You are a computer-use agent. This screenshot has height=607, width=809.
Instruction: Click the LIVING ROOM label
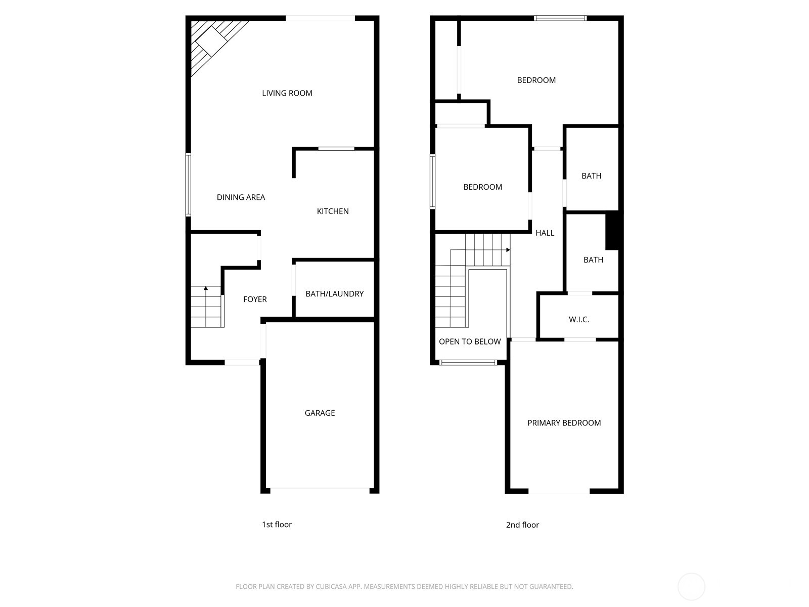coord(287,93)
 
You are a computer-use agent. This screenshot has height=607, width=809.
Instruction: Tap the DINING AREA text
coord(241,197)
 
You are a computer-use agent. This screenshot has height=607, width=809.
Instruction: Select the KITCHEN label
coord(333,211)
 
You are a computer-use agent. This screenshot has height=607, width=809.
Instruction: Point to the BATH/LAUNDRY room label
coord(334,294)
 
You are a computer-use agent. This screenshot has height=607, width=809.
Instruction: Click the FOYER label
coord(255,299)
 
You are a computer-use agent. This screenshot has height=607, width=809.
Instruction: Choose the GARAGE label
coord(320,413)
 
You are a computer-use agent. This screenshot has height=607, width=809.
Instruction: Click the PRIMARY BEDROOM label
coord(564,423)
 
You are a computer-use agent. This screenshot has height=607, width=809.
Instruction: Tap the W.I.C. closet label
coord(579,320)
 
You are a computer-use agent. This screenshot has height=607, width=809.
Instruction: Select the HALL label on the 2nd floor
coord(545,233)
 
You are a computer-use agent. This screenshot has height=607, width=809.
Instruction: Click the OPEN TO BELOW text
coord(470,342)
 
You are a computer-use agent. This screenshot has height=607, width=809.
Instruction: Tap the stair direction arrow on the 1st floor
coord(206,288)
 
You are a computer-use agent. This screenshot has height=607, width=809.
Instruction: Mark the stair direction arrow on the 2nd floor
coord(508,250)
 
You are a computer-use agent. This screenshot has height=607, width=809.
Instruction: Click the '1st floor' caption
coord(277,525)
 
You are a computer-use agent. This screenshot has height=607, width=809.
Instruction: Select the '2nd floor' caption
coord(522,525)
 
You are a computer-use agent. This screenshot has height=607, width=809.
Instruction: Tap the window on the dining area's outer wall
coord(188,185)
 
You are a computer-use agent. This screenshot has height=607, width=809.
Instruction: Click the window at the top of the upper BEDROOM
coord(560,18)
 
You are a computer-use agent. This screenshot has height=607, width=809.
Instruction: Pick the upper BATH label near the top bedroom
coord(591,176)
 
